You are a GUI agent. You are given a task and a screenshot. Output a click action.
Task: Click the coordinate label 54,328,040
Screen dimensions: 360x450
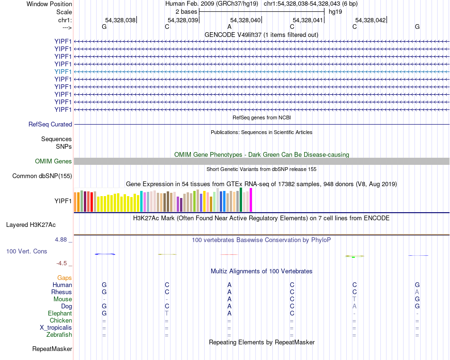click(245, 20)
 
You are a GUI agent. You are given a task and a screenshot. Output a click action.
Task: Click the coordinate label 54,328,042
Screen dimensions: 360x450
click(370, 20)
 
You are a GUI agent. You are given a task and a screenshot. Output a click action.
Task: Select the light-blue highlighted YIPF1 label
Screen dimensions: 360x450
click(63, 72)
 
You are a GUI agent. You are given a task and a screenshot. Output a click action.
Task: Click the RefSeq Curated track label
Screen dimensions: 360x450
click(50, 125)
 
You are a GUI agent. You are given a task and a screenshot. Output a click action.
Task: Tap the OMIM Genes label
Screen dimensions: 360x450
click(54, 162)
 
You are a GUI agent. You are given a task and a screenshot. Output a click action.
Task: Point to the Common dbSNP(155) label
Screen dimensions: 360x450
click(42, 176)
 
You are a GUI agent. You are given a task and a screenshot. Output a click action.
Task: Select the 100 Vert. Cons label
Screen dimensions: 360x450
click(27, 251)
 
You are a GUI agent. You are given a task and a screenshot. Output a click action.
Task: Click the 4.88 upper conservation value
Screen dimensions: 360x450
click(62, 240)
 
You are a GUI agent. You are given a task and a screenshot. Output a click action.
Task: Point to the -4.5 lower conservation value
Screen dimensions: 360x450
click(62, 263)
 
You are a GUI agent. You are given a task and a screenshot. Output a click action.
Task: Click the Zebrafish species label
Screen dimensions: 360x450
click(60, 335)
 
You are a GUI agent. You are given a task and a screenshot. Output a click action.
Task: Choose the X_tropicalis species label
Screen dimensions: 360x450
click(56, 328)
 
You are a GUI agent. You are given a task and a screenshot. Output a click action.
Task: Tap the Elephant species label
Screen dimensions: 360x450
click(60, 314)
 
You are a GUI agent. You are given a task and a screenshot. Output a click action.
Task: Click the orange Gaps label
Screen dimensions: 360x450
click(64, 278)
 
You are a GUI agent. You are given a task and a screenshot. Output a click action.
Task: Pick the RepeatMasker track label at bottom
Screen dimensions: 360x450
click(52, 349)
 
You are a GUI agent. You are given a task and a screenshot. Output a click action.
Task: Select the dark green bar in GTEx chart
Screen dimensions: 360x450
click(241, 199)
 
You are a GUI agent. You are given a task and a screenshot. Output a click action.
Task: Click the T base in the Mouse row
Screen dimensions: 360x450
click(354, 299)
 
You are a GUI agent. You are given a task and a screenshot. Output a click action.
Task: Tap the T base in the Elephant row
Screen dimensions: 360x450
click(167, 314)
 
